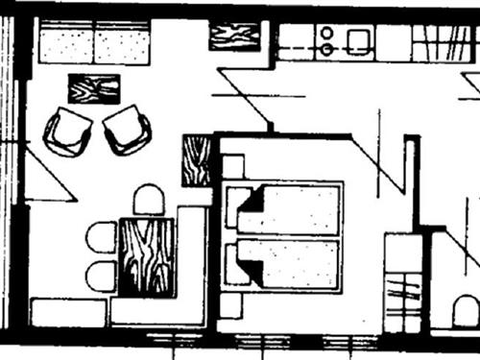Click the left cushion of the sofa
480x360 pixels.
[x=67, y=44]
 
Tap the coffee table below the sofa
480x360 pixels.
[x=94, y=88]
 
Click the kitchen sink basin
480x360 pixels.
[x=359, y=40]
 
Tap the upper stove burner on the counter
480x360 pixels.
[x=326, y=32]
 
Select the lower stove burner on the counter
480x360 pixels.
[x=326, y=48]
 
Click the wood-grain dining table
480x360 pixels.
[x=146, y=256]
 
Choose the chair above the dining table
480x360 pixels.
[x=149, y=201]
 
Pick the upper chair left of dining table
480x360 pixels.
[x=101, y=237]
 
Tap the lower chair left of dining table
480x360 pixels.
[x=101, y=276]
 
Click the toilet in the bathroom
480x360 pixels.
[x=467, y=310]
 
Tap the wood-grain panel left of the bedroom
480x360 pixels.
[x=196, y=160]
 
